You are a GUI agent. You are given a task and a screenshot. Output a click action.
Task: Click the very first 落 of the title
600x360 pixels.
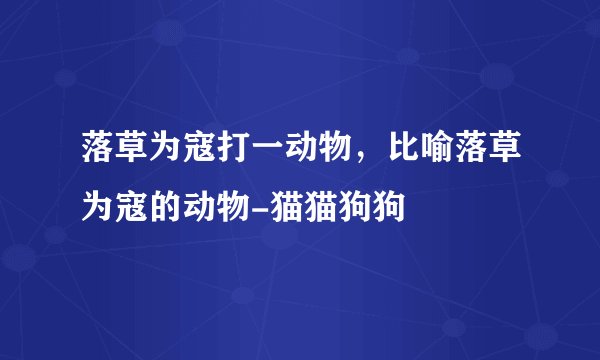click(98, 153)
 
